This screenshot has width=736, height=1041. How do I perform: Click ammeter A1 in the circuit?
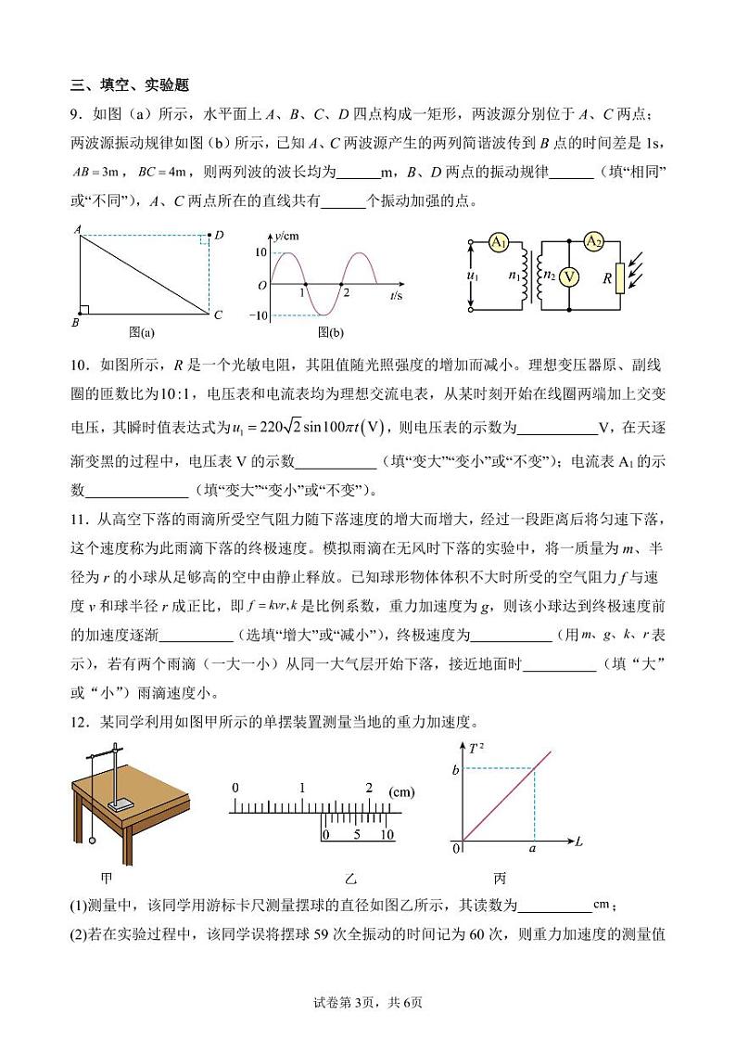499,242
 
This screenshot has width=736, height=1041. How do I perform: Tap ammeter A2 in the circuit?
593,242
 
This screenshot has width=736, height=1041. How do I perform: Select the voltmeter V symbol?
572,276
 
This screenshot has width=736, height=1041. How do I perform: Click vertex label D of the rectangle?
219,236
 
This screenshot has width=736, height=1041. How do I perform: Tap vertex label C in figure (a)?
218,315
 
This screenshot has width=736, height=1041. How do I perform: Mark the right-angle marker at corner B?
84,310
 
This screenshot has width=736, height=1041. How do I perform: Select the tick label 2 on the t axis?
346,293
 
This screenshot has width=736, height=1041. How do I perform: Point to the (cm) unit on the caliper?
401,791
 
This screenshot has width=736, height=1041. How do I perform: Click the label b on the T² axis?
455,769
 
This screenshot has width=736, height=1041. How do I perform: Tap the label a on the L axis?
532,848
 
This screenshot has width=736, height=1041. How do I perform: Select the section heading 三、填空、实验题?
130,85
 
